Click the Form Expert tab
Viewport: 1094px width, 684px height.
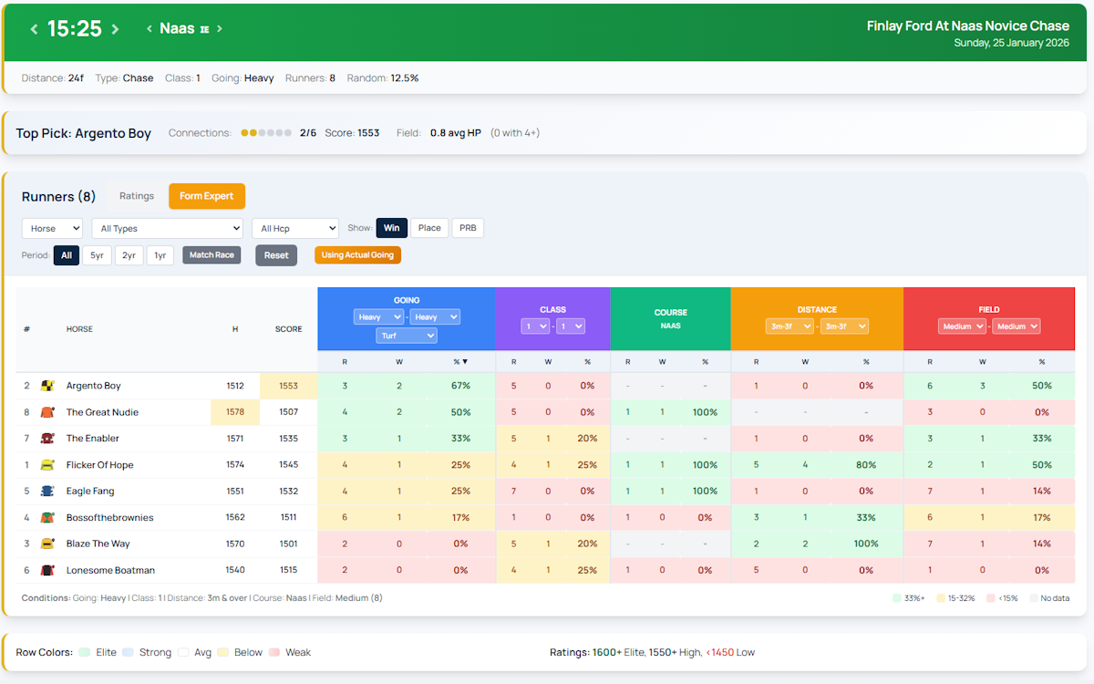click(206, 196)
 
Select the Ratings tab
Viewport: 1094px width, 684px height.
click(137, 196)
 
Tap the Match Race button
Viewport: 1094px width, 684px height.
click(212, 255)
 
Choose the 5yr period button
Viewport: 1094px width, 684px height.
click(97, 255)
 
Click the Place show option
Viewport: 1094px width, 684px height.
click(429, 228)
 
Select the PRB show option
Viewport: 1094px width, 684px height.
click(468, 228)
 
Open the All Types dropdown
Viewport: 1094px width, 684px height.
click(167, 228)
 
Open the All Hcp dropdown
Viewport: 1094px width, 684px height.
click(294, 228)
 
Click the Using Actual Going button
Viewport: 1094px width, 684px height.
click(357, 255)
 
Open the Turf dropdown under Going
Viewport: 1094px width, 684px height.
click(407, 336)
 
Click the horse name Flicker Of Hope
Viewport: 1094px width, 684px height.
click(99, 465)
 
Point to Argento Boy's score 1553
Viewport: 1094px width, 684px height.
click(288, 386)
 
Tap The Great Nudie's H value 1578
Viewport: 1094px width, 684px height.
click(235, 412)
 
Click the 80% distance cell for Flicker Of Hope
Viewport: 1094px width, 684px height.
click(866, 465)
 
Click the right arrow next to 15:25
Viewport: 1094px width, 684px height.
click(116, 29)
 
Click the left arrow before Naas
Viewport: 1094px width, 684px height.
click(150, 29)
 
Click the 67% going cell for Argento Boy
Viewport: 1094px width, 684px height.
click(460, 386)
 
